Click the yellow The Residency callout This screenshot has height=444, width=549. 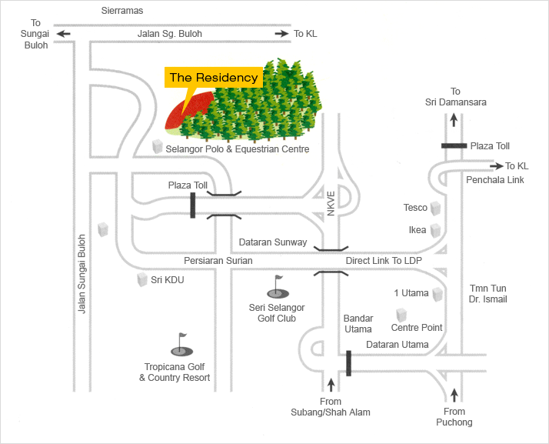(214, 78)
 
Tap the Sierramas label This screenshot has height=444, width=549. (122, 11)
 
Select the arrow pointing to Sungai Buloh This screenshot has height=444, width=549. (63, 34)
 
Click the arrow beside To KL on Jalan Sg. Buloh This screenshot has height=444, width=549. (282, 34)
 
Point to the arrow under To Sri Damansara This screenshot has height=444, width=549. (454, 119)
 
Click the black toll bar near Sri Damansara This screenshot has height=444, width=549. (454, 145)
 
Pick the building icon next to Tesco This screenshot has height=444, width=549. (436, 209)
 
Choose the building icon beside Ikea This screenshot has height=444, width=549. (436, 230)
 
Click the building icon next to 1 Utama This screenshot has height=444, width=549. (438, 294)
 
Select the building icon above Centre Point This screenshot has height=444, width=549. (401, 315)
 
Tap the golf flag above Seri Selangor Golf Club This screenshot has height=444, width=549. (277, 288)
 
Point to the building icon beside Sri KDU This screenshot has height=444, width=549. (141, 280)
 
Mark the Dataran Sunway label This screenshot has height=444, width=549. (272, 242)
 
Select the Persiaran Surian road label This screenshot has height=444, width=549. (218, 261)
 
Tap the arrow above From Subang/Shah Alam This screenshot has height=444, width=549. (331, 385)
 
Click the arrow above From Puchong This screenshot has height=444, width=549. (454, 395)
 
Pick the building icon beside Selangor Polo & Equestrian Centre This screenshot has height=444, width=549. (158, 146)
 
